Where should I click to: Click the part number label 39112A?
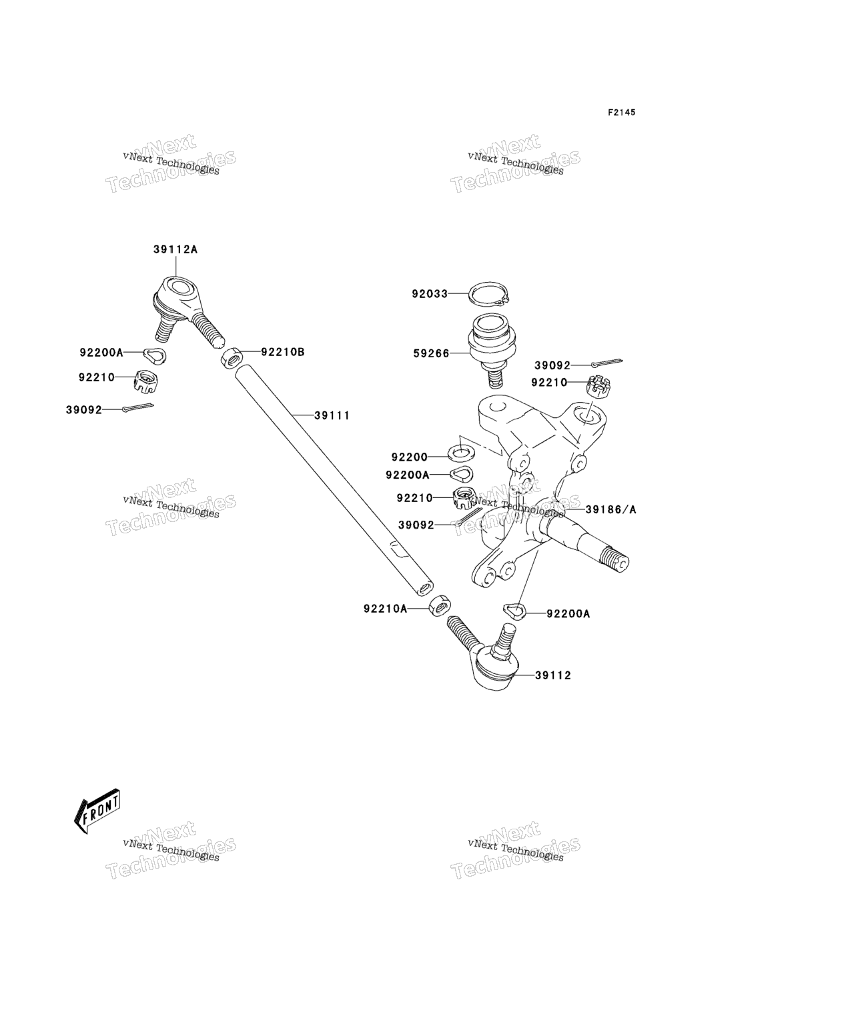click(x=175, y=249)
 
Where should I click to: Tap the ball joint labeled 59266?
click(x=492, y=349)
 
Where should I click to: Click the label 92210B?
click(x=283, y=351)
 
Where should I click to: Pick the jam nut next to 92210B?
click(x=231, y=358)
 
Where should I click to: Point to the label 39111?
click(x=332, y=415)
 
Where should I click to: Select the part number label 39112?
click(x=553, y=675)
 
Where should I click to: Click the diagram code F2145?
click(x=622, y=112)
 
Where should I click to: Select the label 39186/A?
click(x=611, y=509)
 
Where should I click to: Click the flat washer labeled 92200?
click(x=461, y=453)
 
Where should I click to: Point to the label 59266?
click(x=432, y=353)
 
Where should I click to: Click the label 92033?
click(x=430, y=294)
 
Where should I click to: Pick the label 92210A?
click(x=385, y=609)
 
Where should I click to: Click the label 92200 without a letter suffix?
click(x=410, y=457)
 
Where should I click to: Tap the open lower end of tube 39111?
click(x=424, y=588)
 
